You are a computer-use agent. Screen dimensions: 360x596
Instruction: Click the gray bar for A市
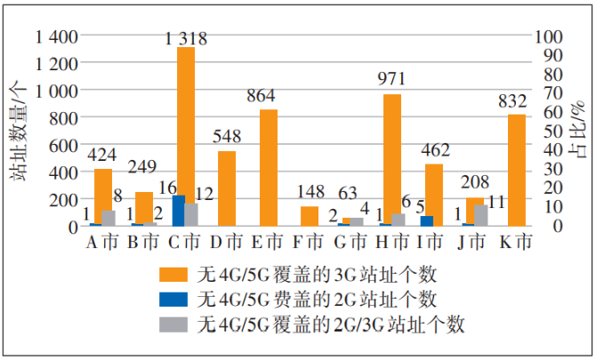[109, 218]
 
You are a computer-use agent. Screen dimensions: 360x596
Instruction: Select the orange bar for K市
[516, 169]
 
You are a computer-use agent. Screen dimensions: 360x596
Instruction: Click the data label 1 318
[186, 38]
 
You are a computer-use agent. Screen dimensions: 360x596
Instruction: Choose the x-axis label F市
[310, 241]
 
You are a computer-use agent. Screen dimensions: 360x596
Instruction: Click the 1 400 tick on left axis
[57, 36]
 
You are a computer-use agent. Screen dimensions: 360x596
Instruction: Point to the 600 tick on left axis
[66, 145]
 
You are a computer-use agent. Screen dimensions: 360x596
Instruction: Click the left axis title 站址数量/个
[18, 131]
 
